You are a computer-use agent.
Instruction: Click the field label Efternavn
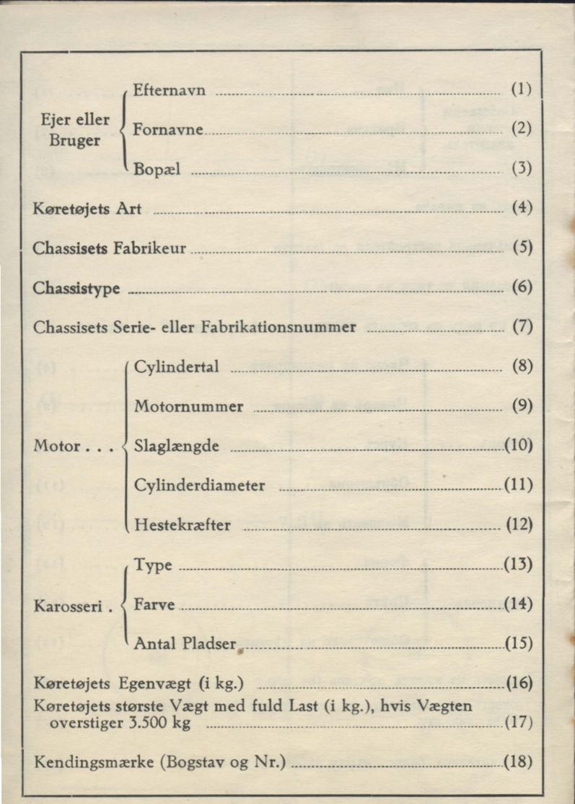tap(170, 90)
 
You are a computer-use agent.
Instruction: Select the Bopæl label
tap(157, 170)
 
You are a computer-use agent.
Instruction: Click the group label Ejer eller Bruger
tap(75, 131)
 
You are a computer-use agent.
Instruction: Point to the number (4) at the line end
tap(522, 209)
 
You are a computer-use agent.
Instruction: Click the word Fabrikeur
tap(150, 248)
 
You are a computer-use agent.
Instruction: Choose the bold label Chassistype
tap(77, 289)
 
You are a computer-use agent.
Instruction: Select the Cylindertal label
tap(176, 367)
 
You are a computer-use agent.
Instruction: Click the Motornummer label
tap(188, 406)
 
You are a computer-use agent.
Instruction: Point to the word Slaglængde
tap(176, 446)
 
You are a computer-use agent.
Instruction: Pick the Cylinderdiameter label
tap(199, 486)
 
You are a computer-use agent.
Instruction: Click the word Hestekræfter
tap(183, 525)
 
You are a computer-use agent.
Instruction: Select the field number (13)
tap(519, 564)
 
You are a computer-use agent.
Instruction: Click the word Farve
tap(154, 603)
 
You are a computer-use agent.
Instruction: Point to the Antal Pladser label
tap(185, 643)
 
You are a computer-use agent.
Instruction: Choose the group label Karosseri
tap(69, 606)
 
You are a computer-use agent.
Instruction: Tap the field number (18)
tap(519, 761)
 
